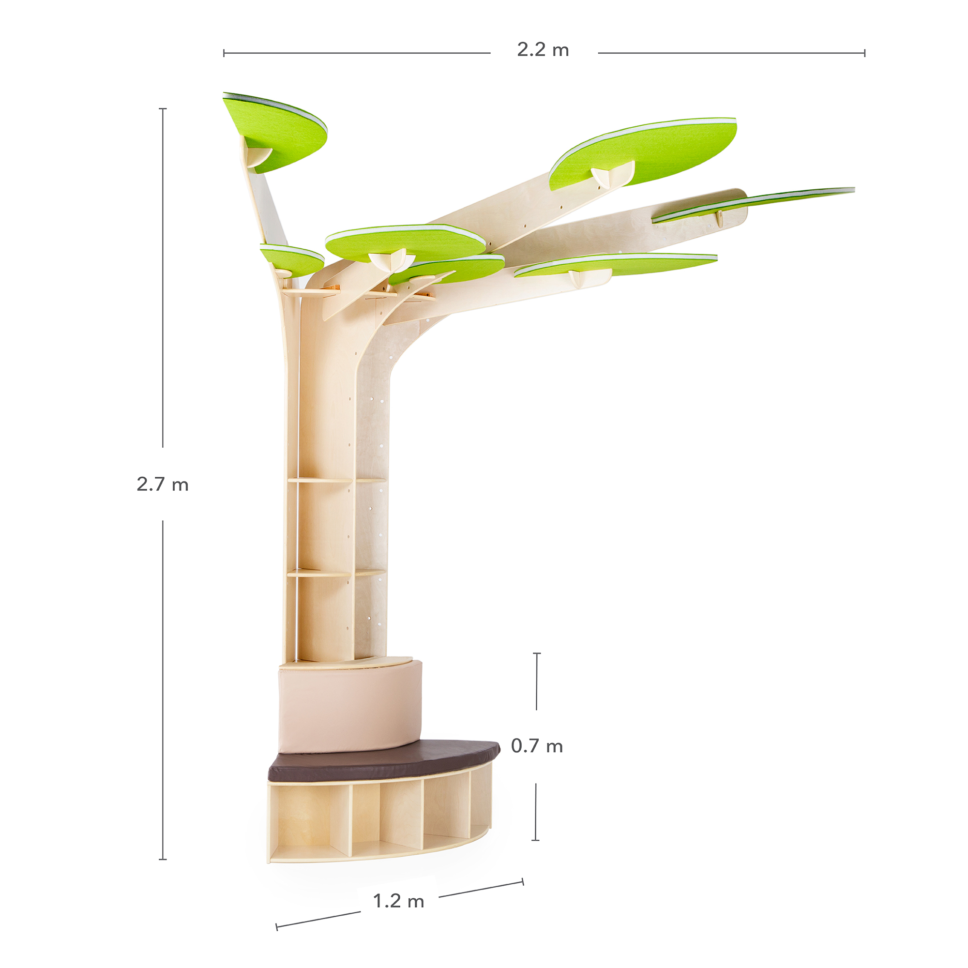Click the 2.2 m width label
[543, 50]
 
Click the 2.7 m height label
[162, 484]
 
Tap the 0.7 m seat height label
[537, 746]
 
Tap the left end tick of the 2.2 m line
[224, 53]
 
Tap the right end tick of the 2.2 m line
[864, 53]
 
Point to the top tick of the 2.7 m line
[162, 108]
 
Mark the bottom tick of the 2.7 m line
[162, 859]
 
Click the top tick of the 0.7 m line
[537, 653]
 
